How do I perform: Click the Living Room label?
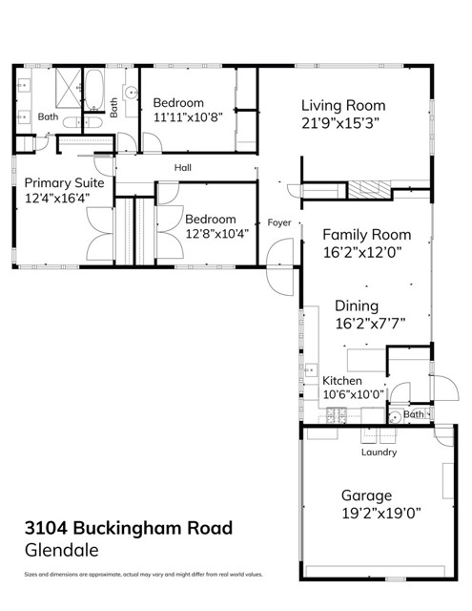click(x=343, y=106)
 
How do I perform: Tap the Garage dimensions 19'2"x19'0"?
click(x=381, y=514)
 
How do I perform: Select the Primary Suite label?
click(x=64, y=183)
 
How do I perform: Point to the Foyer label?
click(x=279, y=222)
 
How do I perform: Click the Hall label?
click(x=182, y=168)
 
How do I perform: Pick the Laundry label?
click(x=379, y=452)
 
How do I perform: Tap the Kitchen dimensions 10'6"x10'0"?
click(x=354, y=394)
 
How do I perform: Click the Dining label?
click(x=357, y=306)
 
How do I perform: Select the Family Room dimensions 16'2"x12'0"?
click(x=362, y=252)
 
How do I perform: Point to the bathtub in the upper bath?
click(x=94, y=90)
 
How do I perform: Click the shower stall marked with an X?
click(x=68, y=88)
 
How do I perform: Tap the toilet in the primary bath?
click(x=83, y=123)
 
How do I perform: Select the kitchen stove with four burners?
click(x=337, y=415)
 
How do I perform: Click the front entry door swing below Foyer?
click(x=279, y=267)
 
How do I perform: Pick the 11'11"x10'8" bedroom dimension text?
click(x=188, y=116)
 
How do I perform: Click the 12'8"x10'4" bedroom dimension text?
click(x=216, y=234)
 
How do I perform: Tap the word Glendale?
click(x=61, y=550)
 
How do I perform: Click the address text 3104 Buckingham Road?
click(x=129, y=528)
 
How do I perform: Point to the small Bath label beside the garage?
click(x=414, y=414)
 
